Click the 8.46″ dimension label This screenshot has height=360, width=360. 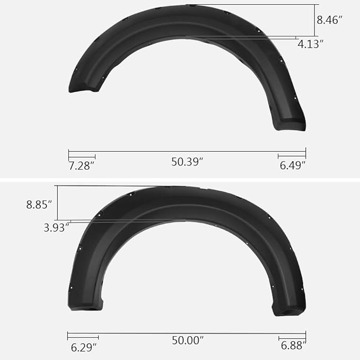click(x=329, y=21)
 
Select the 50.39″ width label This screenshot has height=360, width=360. click(x=187, y=162)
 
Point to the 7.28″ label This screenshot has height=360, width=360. click(x=81, y=166)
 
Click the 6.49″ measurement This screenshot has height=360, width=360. click(x=293, y=166)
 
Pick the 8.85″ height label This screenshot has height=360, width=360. click(x=39, y=204)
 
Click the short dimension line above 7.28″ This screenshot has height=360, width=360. click(x=82, y=156)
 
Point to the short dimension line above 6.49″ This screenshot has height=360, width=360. click(x=292, y=156)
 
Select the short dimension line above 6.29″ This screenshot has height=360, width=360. click(x=83, y=337)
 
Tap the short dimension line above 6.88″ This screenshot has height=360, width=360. click(x=292, y=337)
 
